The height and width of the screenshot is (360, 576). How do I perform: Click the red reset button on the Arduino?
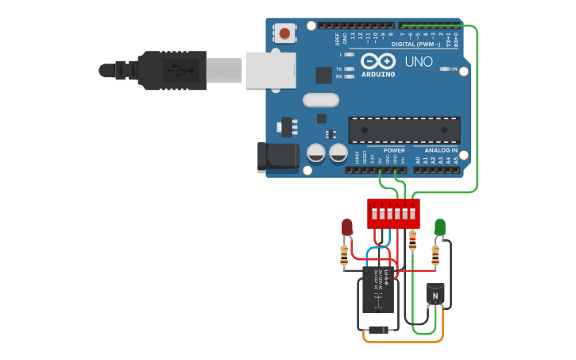(x=284, y=33)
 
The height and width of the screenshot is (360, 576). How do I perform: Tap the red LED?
(x=346, y=227)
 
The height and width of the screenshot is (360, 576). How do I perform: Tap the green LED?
(x=439, y=227)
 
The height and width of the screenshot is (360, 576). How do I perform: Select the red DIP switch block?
(x=392, y=213)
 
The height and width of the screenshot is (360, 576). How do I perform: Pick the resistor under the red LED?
(x=344, y=256)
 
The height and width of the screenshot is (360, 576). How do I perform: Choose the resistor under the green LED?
(x=435, y=255)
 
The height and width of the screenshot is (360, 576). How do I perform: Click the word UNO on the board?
(x=419, y=61)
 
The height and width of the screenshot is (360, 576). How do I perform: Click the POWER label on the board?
(x=394, y=150)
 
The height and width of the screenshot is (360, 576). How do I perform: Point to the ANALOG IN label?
(x=441, y=150)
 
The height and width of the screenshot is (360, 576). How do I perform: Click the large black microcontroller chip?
(x=404, y=130)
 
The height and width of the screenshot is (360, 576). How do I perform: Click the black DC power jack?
(x=278, y=157)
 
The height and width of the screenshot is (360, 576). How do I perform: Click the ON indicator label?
(x=454, y=69)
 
